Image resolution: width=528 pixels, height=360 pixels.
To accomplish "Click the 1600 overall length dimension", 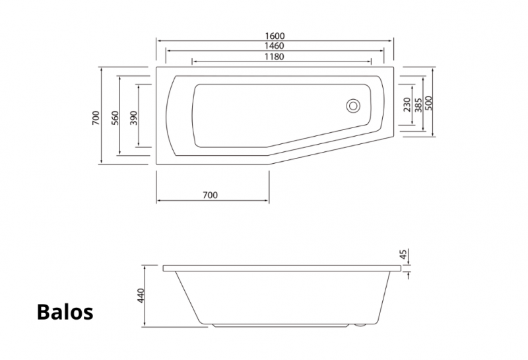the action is point(275,36).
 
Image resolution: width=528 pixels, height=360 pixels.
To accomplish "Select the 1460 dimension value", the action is point(275,46).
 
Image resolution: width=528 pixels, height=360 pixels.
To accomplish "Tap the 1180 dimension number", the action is point(275,57).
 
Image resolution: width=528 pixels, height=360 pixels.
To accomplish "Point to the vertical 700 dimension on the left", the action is point(96,118).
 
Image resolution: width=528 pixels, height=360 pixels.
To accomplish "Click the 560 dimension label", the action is point(115,118).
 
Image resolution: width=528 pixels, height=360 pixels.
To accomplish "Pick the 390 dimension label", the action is point(134,118).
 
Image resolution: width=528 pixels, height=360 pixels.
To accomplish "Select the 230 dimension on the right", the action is point(407,105).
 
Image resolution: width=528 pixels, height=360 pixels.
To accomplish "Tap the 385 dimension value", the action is point(418,105).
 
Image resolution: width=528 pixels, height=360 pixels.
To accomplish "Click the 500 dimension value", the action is point(428,103).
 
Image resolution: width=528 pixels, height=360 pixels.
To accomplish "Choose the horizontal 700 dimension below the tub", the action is point(210,195).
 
